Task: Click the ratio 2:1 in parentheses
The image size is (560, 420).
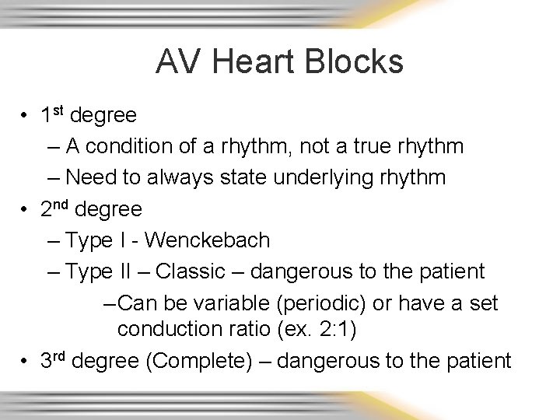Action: (x=334, y=330)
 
